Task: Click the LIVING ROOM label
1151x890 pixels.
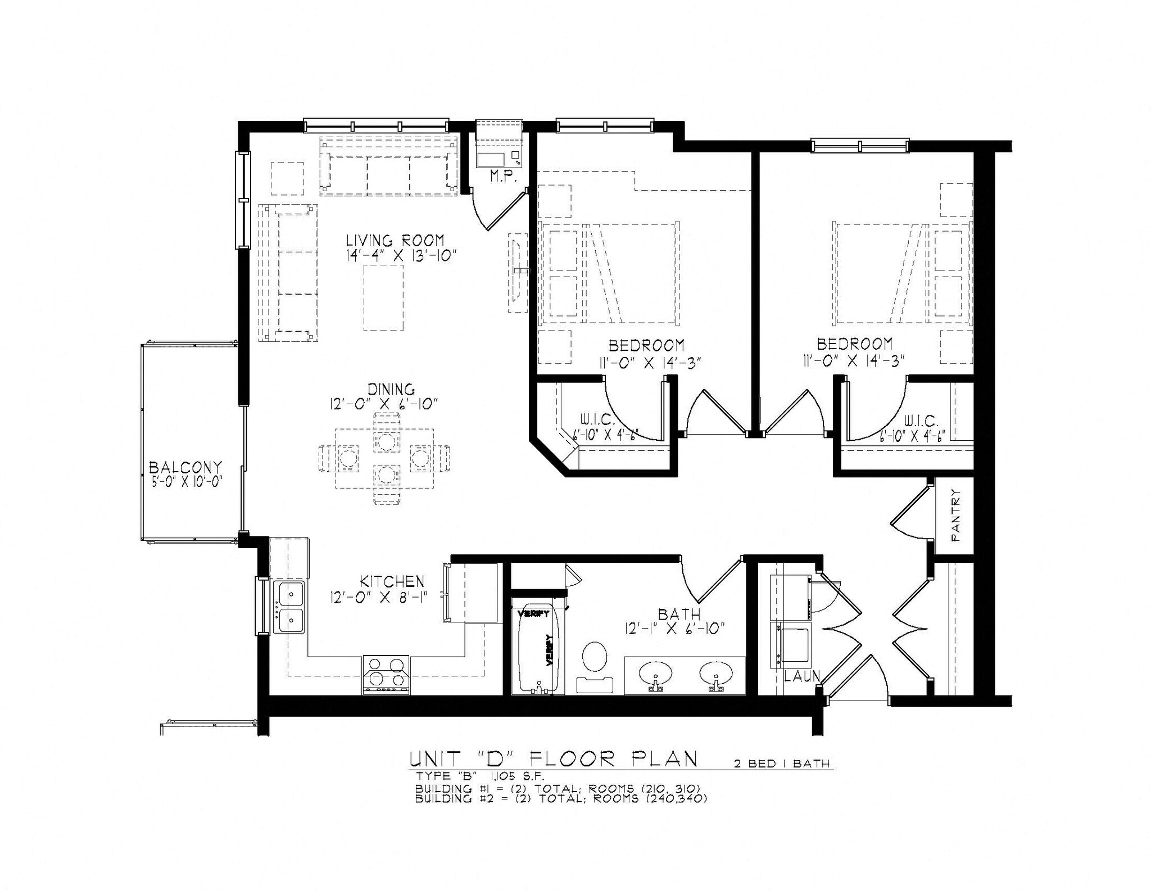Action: pos(395,241)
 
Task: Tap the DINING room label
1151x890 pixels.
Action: pos(391,389)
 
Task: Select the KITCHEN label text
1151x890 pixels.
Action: pos(392,581)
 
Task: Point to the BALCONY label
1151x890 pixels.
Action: pos(185,468)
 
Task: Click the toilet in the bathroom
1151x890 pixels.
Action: pos(595,657)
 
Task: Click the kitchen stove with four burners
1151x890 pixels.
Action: pos(386,674)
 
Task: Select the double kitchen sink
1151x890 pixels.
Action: pos(289,607)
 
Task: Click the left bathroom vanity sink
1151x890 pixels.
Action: pos(655,671)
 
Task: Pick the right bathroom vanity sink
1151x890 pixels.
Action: pos(716,671)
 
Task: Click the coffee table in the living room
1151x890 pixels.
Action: pos(383,298)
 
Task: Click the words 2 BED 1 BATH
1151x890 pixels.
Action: pos(781,764)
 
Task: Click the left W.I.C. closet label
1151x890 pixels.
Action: pos(597,421)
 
